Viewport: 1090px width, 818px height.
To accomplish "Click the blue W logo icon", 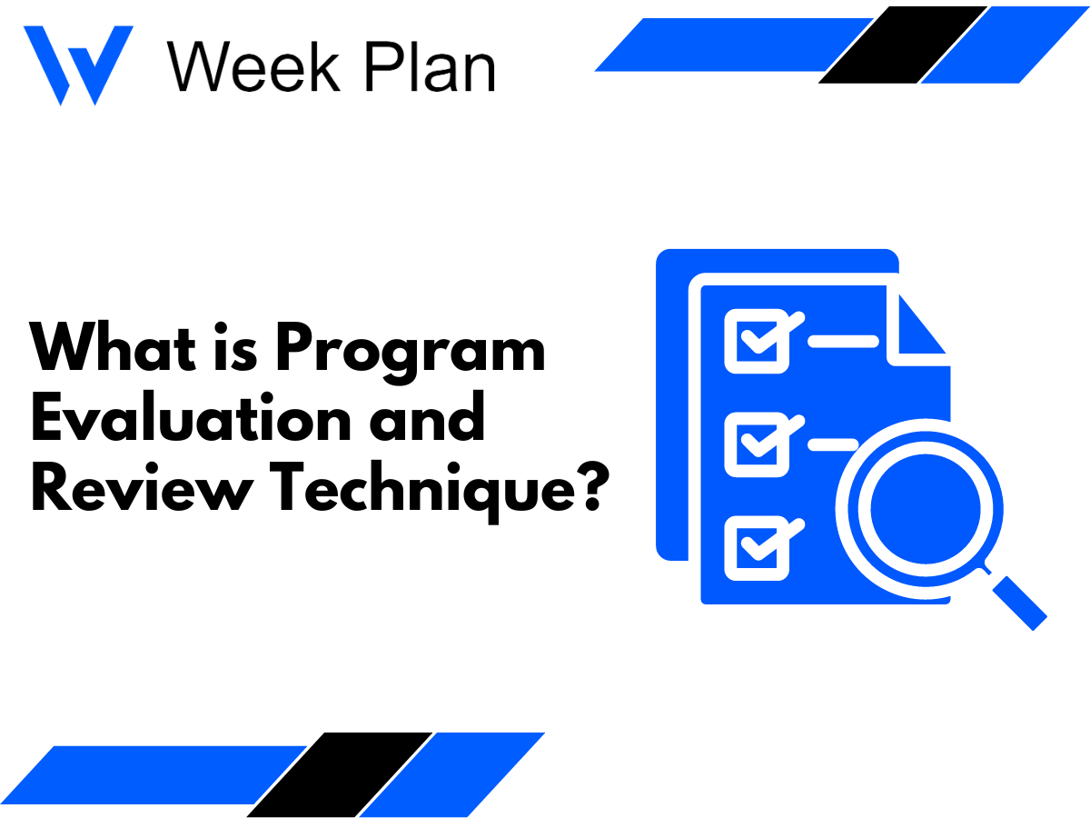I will tap(77, 64).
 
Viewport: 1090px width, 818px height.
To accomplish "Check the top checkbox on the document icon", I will tap(752, 340).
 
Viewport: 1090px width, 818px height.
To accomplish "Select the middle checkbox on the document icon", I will tap(752, 444).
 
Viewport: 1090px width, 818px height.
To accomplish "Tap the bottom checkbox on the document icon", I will tap(752, 548).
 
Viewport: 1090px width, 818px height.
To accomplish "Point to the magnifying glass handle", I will tap(1017, 600).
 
